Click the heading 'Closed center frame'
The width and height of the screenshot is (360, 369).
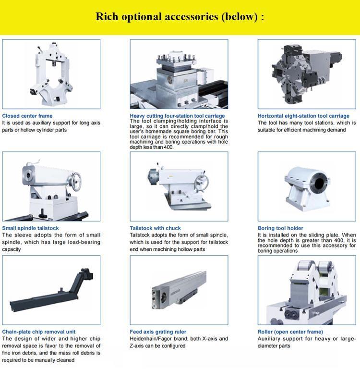pos(27,116)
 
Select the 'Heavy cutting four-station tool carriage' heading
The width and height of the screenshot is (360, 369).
pos(177,116)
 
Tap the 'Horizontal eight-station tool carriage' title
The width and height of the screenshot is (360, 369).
pos(303,116)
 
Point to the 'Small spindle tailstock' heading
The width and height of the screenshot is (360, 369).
pos(30,228)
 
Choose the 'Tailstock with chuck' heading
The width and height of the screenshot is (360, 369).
pos(156,228)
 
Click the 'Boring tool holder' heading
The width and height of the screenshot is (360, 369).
pos(280,228)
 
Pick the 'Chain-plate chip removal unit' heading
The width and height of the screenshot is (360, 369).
pos(39,332)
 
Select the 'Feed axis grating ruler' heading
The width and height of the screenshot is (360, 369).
pos(158,332)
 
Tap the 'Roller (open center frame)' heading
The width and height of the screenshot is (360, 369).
pos(290,332)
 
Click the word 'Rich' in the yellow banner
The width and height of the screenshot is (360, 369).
pos(107,17)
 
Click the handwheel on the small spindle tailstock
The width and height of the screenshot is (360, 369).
pos(76,181)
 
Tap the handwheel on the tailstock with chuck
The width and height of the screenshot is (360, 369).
pos(202,182)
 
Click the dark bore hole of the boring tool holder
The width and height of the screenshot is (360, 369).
pos(319,183)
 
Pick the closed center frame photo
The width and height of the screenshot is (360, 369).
pos(51,74)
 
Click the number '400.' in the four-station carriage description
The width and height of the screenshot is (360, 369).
pos(168,147)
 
